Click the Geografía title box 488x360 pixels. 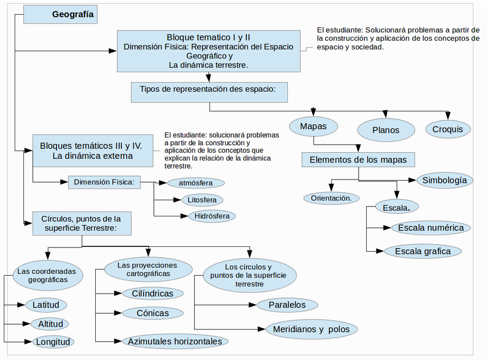click(x=60, y=14)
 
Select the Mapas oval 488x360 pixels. click(x=313, y=126)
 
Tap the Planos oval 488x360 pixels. click(x=386, y=130)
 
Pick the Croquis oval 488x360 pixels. click(x=448, y=129)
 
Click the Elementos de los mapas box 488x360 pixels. click(x=358, y=160)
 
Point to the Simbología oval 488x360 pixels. click(x=444, y=180)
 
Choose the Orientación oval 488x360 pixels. click(x=331, y=198)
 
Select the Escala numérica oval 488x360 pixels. click(x=431, y=228)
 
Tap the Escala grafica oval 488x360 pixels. click(x=423, y=251)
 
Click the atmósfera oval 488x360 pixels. click(x=196, y=183)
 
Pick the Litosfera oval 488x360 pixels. click(x=202, y=200)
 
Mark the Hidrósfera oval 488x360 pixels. click(x=212, y=216)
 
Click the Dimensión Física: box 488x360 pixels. click(x=104, y=182)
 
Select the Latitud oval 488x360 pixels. click(x=46, y=305)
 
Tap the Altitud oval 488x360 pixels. click(x=50, y=324)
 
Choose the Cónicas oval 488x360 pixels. click(x=153, y=313)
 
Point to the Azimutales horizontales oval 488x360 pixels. click(x=175, y=342)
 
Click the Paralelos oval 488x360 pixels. click(x=287, y=305)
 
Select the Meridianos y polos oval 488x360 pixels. click(x=312, y=329)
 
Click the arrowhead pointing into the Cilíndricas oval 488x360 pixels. click(x=119, y=294)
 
